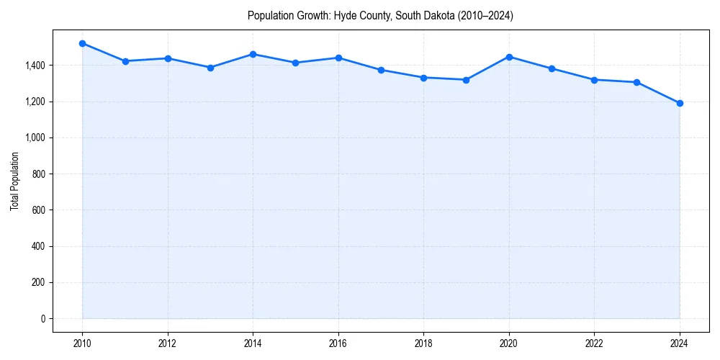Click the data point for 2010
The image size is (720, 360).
pyautogui.click(x=82, y=43)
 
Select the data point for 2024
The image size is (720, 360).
pyautogui.click(x=680, y=103)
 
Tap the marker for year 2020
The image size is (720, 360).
pyautogui.click(x=509, y=57)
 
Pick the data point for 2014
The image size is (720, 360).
pyautogui.click(x=253, y=54)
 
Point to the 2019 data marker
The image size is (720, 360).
pyautogui.click(x=467, y=80)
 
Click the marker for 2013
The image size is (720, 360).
pyautogui.click(x=210, y=68)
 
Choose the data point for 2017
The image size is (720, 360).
pyautogui.click(x=381, y=70)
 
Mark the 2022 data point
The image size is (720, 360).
pyautogui.click(x=595, y=80)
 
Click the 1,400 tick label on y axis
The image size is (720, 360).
pyautogui.click(x=35, y=66)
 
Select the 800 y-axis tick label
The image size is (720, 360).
pyautogui.click(x=39, y=174)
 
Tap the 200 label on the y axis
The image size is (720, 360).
pyautogui.click(x=39, y=282)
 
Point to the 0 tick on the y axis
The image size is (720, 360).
pyautogui.click(x=42, y=318)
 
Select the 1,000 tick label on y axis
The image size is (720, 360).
pyautogui.click(x=35, y=138)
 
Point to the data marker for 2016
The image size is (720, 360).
pyautogui.click(x=338, y=58)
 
